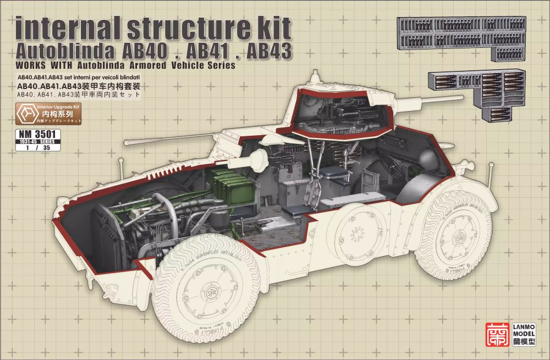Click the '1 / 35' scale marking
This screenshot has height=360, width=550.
38,148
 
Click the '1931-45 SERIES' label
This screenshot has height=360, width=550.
38,141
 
